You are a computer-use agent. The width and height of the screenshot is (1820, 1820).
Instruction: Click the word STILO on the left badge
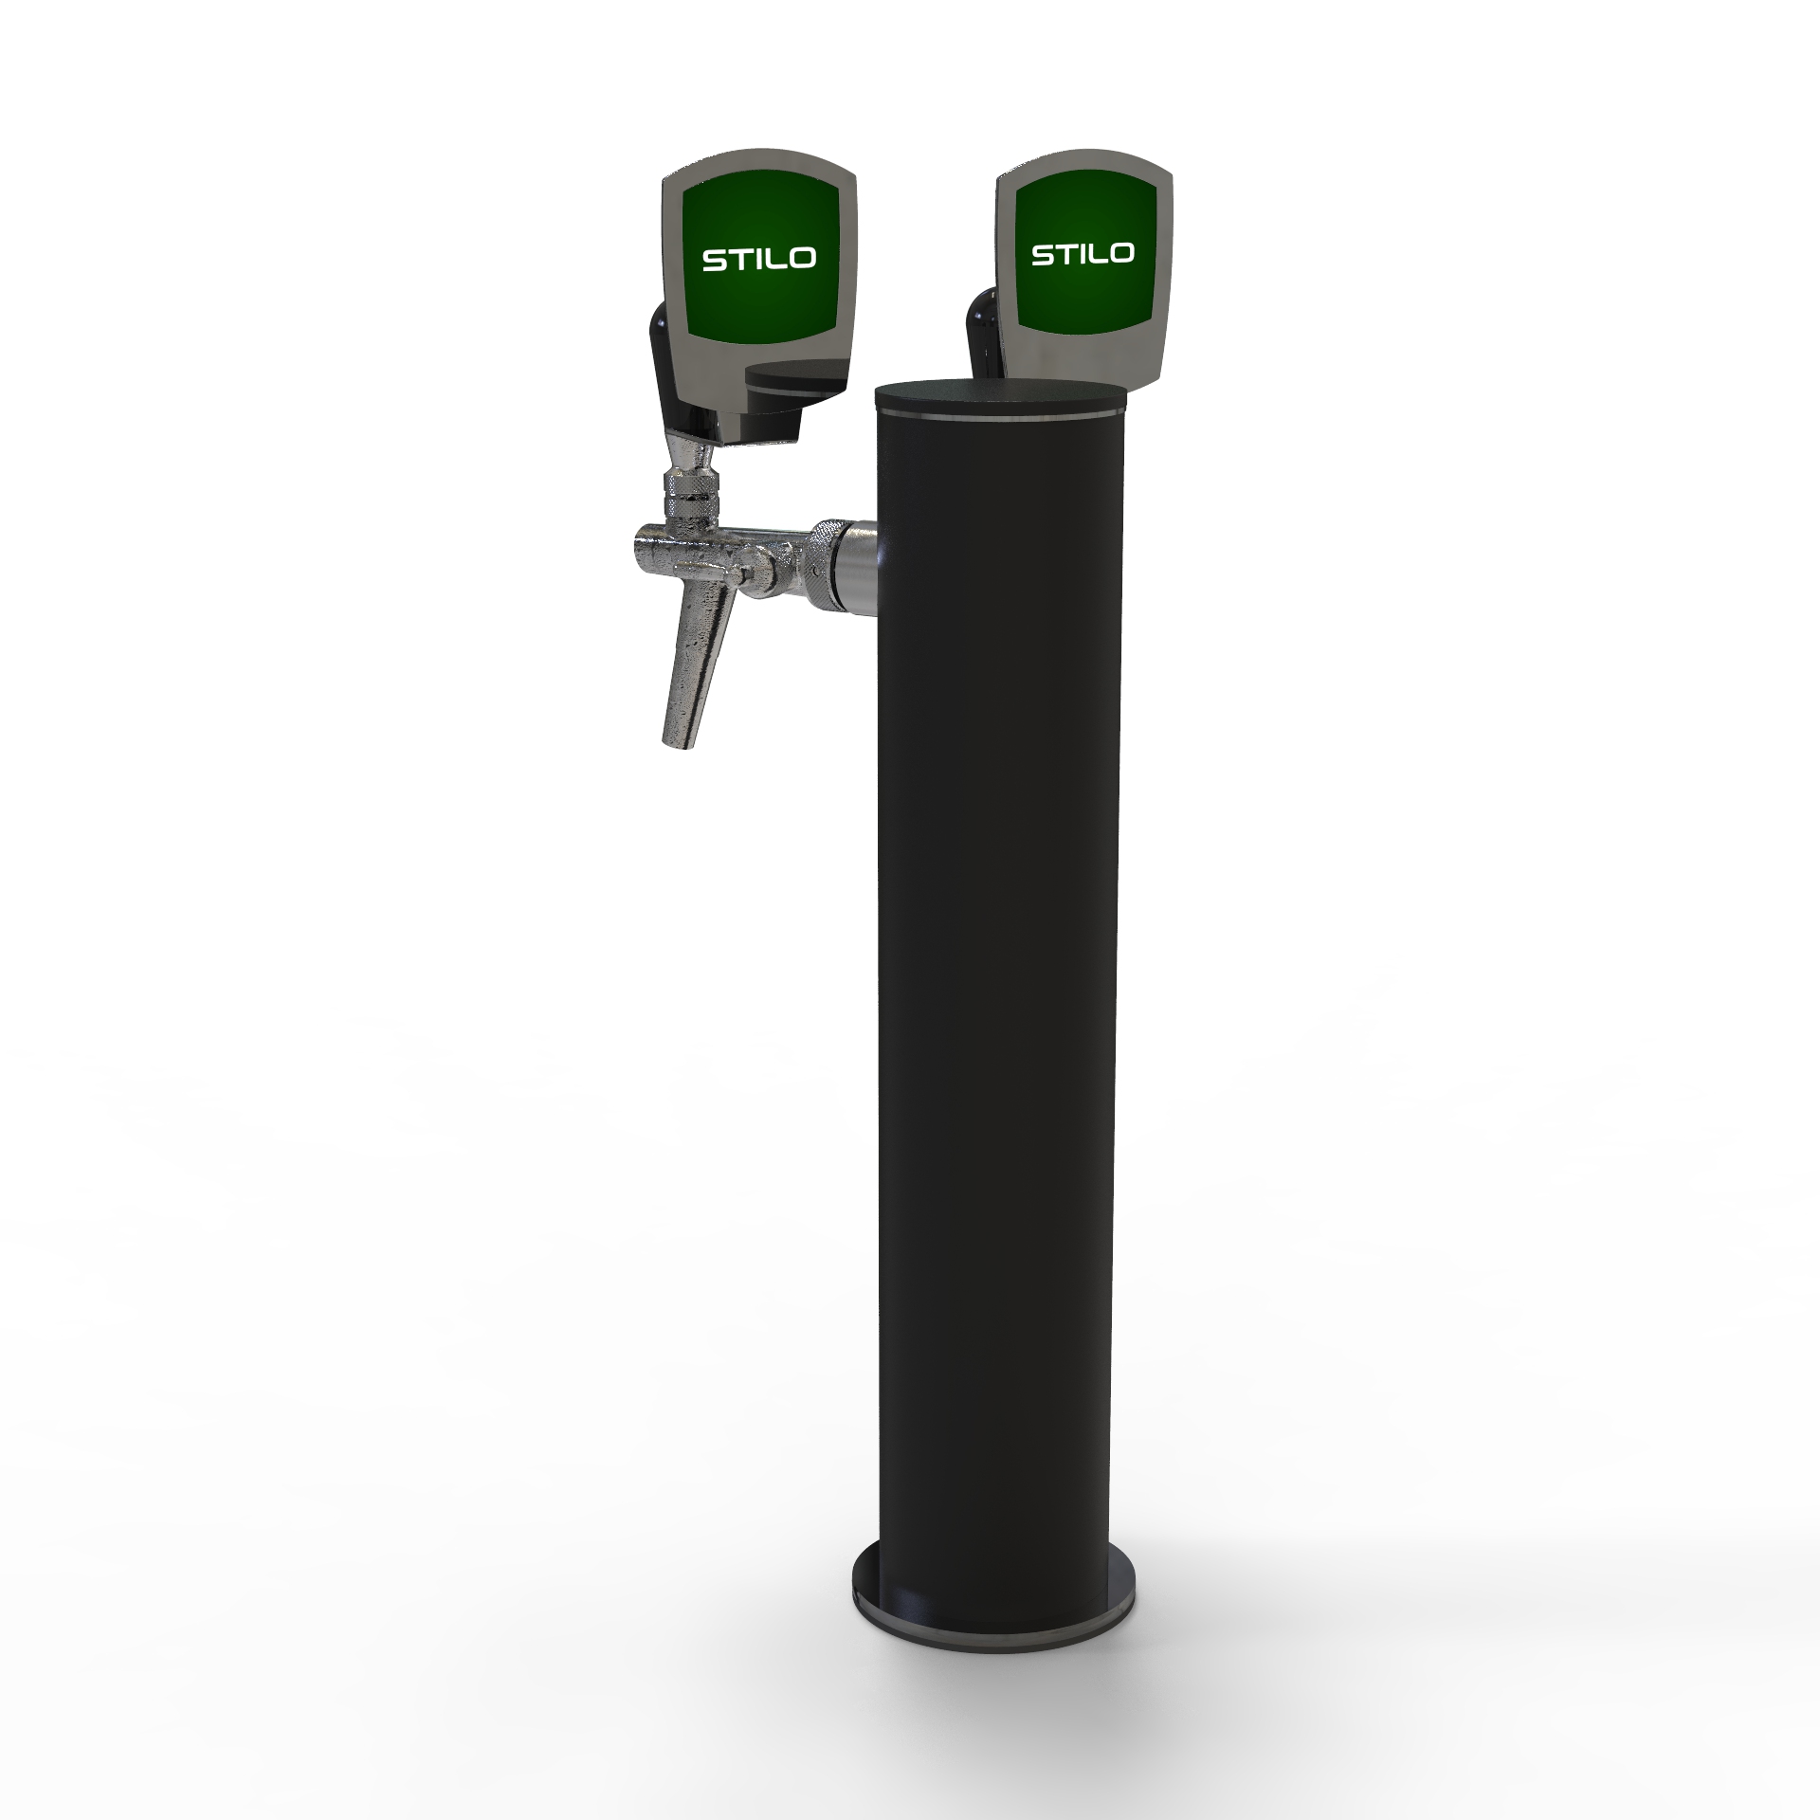tap(758, 259)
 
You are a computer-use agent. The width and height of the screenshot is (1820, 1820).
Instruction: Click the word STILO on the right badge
tap(1083, 253)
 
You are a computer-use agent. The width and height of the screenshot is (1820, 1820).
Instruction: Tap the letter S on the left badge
tap(714, 260)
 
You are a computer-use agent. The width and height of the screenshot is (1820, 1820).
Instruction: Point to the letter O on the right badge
tap(1119, 252)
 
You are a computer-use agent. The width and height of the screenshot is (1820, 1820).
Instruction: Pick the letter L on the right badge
tap(1093, 253)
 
